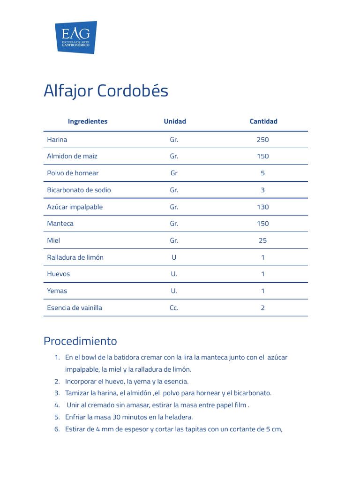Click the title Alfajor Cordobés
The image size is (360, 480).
click(105, 91)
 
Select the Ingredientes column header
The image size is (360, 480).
click(88, 121)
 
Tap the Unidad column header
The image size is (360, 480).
click(174, 121)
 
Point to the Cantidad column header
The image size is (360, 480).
click(263, 121)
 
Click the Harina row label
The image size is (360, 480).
click(57, 140)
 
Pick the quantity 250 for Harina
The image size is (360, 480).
click(263, 140)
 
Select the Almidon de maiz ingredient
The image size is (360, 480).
click(72, 156)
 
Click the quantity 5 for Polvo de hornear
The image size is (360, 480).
click(263, 173)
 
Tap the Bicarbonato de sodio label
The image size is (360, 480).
click(79, 190)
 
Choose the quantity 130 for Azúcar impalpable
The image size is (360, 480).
click(263, 207)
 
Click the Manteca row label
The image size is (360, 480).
click(60, 224)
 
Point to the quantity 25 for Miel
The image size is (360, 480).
click(263, 240)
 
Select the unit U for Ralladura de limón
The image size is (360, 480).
click(174, 257)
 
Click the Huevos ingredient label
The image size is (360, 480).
click(59, 274)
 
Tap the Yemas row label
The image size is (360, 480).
click(57, 291)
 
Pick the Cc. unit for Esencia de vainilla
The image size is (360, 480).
click(174, 308)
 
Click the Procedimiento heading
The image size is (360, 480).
click(80, 341)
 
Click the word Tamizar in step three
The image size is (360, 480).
click(77, 393)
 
